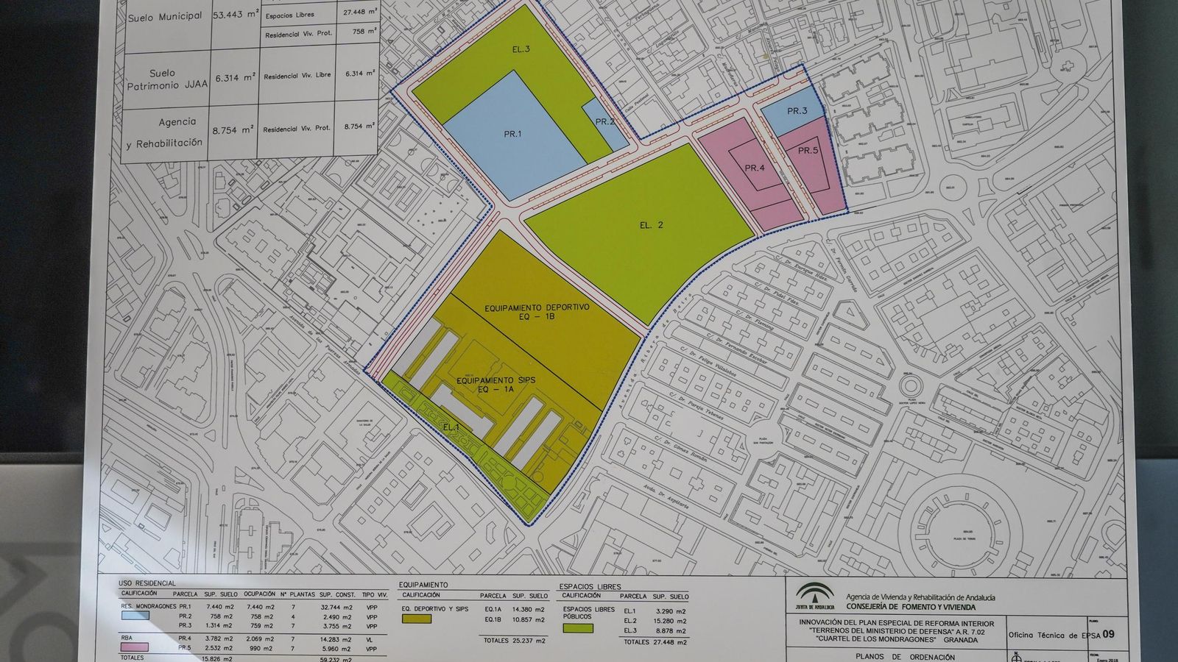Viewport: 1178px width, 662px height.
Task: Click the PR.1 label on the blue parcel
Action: click(512, 134)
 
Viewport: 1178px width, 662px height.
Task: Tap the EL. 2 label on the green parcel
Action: click(651, 225)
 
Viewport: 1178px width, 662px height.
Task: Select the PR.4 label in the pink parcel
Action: click(755, 168)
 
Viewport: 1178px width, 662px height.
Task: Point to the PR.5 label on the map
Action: click(808, 151)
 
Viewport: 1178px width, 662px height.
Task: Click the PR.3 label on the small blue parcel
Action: click(797, 111)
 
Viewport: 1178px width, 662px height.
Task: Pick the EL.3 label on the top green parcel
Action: click(521, 49)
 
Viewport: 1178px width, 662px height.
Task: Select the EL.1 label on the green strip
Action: click(451, 427)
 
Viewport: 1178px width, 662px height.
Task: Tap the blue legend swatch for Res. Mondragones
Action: click(135, 616)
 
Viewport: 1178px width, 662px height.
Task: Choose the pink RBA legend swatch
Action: click(135, 647)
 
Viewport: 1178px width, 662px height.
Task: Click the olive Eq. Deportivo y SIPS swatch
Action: click(417, 619)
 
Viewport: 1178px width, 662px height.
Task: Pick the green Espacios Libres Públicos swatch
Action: click(578, 628)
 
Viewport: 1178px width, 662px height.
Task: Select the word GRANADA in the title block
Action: click(961, 640)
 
